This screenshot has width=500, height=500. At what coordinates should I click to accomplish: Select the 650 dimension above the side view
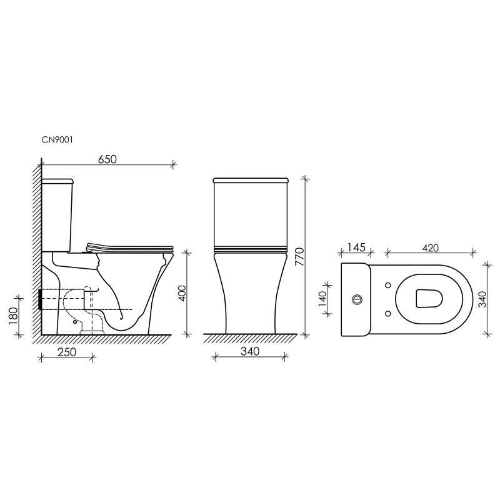[x=107, y=159]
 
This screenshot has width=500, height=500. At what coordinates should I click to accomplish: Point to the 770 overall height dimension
[x=299, y=256]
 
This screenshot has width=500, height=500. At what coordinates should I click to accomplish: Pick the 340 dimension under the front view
[x=249, y=352]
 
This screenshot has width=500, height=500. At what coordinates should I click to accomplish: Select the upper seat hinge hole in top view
[x=388, y=286]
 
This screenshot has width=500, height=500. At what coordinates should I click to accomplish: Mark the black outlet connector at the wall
[x=41, y=300]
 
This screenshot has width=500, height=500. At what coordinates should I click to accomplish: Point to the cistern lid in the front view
[x=251, y=181]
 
